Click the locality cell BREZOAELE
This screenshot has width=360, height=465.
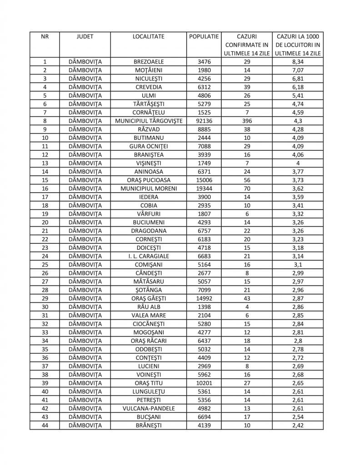click(x=149, y=61)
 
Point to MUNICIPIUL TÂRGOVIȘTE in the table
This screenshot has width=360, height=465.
click(x=149, y=121)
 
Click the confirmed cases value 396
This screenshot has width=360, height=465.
click(x=247, y=121)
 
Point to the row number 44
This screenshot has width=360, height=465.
click(x=45, y=425)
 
